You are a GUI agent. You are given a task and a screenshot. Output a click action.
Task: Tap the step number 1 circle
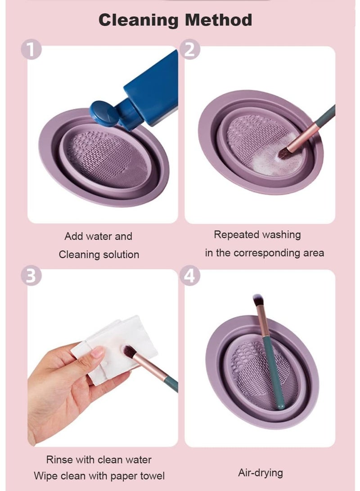tap(31, 49)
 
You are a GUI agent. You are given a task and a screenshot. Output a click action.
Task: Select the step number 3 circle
tap(31, 276)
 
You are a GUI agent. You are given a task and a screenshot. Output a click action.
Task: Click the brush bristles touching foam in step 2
tap(284, 153)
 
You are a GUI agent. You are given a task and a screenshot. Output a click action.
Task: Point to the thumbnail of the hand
tap(97, 353)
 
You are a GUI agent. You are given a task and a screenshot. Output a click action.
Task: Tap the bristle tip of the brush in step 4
tap(258, 299)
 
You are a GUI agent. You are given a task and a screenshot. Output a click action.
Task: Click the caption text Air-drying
tap(260, 473)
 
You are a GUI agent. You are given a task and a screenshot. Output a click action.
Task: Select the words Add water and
tap(98, 236)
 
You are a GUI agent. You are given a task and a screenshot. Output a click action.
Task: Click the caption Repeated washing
tap(257, 234)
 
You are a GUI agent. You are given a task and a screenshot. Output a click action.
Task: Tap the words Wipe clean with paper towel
tap(99, 475)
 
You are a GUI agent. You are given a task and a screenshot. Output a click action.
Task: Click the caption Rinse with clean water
tap(99, 460)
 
